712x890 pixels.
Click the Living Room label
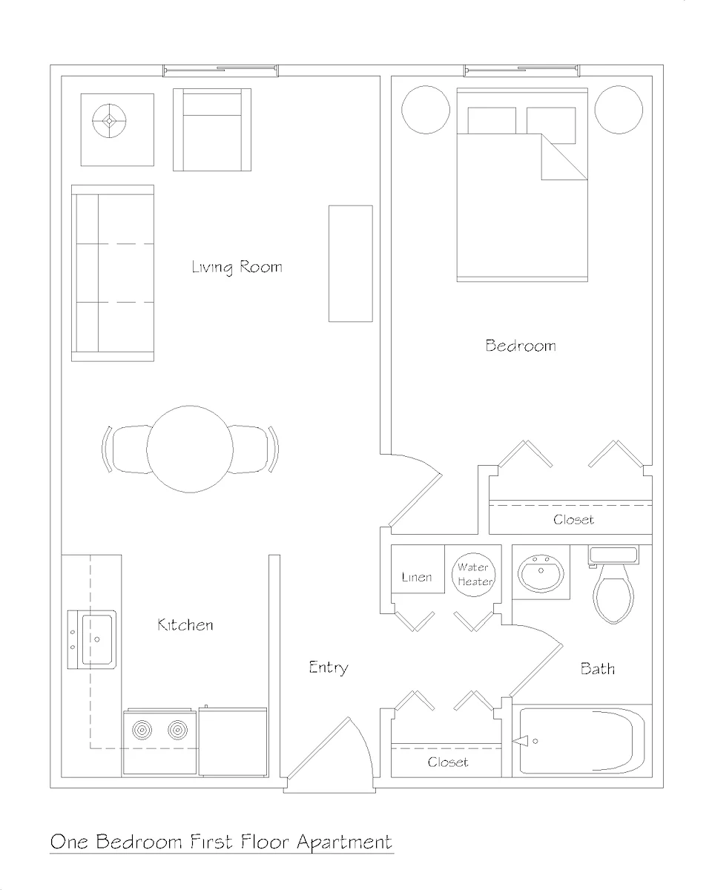coord(237,267)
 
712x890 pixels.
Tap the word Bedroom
coord(520,346)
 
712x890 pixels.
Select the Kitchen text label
coord(185,625)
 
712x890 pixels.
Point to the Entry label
coord(328,667)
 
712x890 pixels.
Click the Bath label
coord(597,669)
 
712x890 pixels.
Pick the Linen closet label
coord(416,577)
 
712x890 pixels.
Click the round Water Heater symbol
coord(473,575)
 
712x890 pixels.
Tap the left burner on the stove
coord(142,731)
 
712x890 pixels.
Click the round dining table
coord(190,449)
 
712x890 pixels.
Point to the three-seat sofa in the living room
coord(113,273)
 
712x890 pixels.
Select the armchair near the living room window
coord(212,131)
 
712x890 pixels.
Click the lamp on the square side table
coord(110,120)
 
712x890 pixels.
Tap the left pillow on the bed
coord(491,121)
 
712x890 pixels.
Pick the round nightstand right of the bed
coord(619,110)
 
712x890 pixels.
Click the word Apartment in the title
coord(344,843)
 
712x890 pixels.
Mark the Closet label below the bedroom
coord(573,520)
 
